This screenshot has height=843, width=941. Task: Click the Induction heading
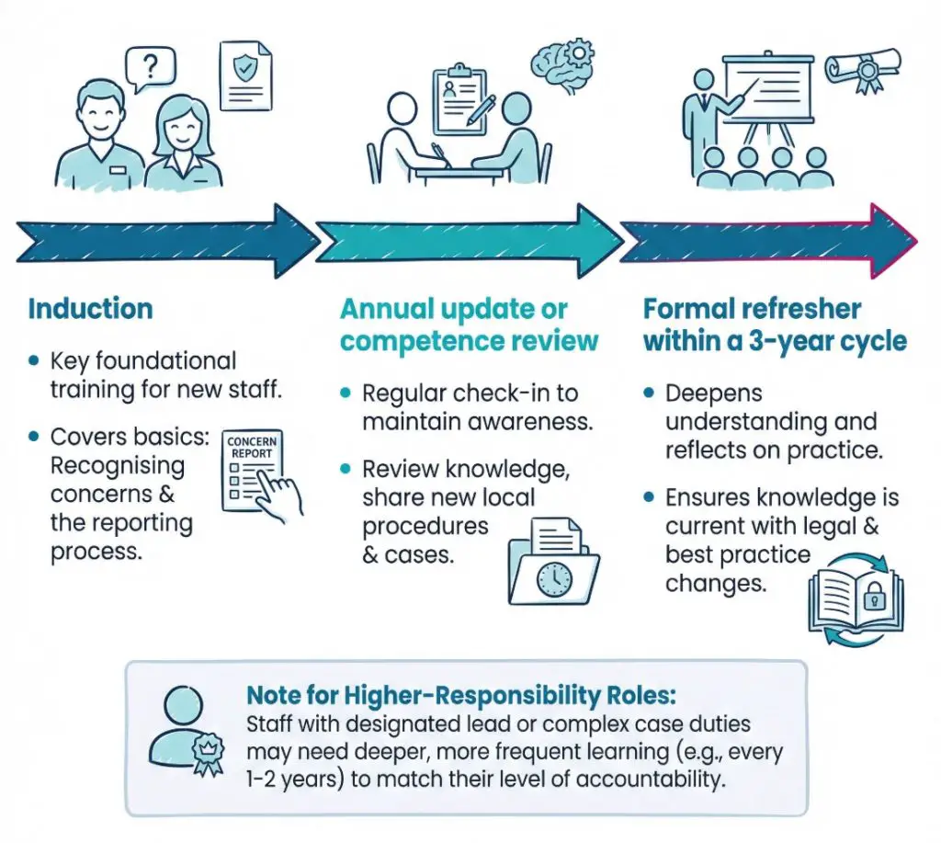tap(90, 308)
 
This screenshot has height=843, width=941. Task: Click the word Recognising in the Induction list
tap(117, 467)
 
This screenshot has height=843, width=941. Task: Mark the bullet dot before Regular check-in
tap(346, 393)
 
